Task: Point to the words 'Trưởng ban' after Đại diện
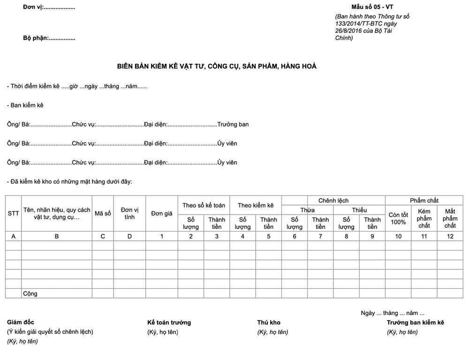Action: coord(233,124)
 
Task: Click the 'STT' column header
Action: coord(13,213)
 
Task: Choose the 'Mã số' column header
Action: coord(103,213)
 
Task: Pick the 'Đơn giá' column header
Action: coord(162,213)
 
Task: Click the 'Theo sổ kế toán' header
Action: coord(204,205)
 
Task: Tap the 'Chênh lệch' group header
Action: coord(333,200)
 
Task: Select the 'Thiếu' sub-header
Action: coord(359,210)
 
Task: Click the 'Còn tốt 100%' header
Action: coord(398,218)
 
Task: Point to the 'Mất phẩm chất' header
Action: coord(450,218)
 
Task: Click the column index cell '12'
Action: coord(450,236)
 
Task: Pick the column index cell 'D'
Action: coord(129,236)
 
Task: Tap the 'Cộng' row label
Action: coord(30,293)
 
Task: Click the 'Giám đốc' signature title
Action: coord(21,322)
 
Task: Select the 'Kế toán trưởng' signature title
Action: coord(169,322)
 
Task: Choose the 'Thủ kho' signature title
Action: coord(269,322)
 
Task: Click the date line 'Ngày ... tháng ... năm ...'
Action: coord(393,313)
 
